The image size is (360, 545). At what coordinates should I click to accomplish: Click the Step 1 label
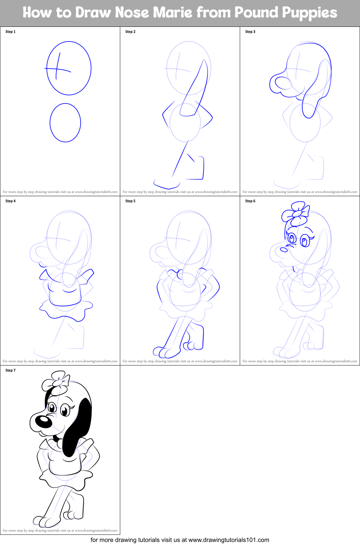point(11,32)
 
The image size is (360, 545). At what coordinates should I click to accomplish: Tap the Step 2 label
point(130,32)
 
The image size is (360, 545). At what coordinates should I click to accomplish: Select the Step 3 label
point(250,32)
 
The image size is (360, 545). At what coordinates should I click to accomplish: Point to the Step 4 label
point(11,201)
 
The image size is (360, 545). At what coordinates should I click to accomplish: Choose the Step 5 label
point(130,201)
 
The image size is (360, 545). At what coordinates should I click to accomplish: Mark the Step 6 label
point(250,201)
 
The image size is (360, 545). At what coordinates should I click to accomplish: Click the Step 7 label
point(11,370)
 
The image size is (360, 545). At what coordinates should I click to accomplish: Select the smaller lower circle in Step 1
point(65,123)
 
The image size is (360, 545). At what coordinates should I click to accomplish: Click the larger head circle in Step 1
point(69,68)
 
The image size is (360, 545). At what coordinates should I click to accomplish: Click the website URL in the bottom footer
point(229,540)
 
